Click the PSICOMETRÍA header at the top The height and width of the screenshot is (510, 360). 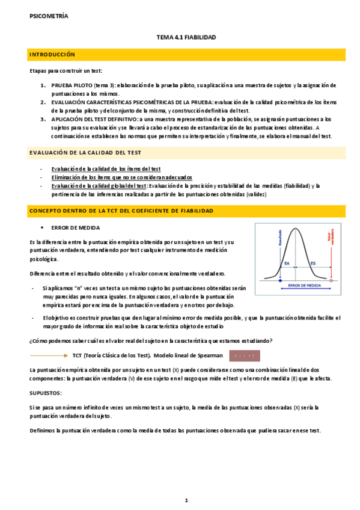tap(49, 16)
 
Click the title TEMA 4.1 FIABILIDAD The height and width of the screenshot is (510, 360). tap(186, 37)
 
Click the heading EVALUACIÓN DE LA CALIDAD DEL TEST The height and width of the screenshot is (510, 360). tap(85, 153)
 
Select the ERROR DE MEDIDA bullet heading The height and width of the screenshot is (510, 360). tap(76, 228)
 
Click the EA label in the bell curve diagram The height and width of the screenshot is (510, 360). tap(287, 263)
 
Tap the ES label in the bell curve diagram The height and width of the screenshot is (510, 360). tap(313, 263)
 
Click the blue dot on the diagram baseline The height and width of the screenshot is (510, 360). tap(281, 280)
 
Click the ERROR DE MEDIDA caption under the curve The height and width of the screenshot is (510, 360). tap(305, 285)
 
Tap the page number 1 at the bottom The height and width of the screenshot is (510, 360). tap(186, 500)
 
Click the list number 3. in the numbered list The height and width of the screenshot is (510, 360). tap(43, 119)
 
